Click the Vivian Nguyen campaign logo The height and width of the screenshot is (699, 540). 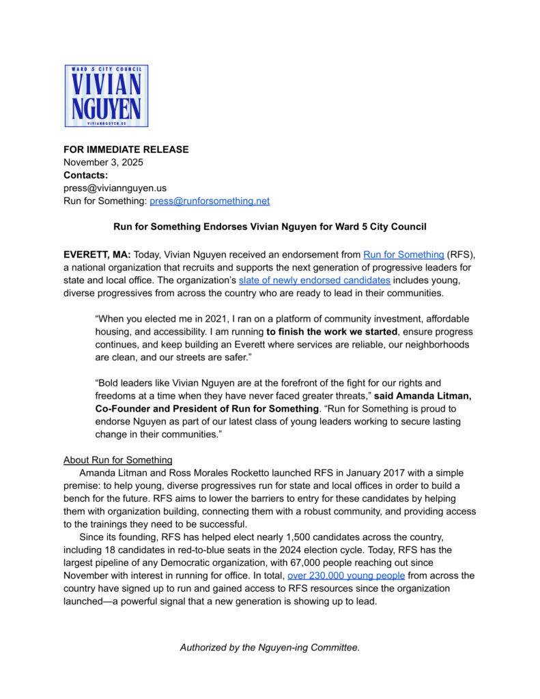tap(106, 96)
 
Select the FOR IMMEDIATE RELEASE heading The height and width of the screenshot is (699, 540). tap(126, 149)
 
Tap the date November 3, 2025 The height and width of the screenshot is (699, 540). tap(103, 162)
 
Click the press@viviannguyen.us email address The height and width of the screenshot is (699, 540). tap(115, 188)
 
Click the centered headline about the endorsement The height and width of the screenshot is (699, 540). tap(270, 227)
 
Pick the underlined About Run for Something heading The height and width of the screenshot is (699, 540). tap(117, 459)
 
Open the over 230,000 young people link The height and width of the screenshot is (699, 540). tap(346, 575)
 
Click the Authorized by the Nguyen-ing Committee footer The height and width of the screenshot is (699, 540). tap(270, 646)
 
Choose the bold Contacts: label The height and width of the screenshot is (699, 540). tap(85, 175)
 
